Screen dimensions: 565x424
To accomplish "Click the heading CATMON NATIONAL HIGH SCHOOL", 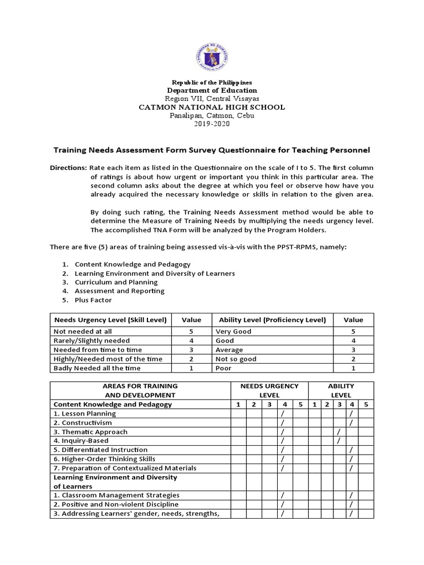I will [211, 107].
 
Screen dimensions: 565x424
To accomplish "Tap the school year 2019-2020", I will [212, 124].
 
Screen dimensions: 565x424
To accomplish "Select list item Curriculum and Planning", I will [116, 282].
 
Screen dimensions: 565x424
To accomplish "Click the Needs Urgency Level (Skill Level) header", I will [108, 319].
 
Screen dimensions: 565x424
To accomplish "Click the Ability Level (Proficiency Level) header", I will [272, 319].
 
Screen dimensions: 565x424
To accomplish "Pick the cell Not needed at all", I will [82, 332].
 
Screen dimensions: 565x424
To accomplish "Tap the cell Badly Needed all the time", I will [97, 368].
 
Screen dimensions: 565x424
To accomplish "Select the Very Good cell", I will [234, 332].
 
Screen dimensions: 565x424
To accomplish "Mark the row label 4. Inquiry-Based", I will [81, 441].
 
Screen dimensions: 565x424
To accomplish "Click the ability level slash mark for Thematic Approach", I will [338, 432].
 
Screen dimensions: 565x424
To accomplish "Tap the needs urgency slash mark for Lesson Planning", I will [282, 414].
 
